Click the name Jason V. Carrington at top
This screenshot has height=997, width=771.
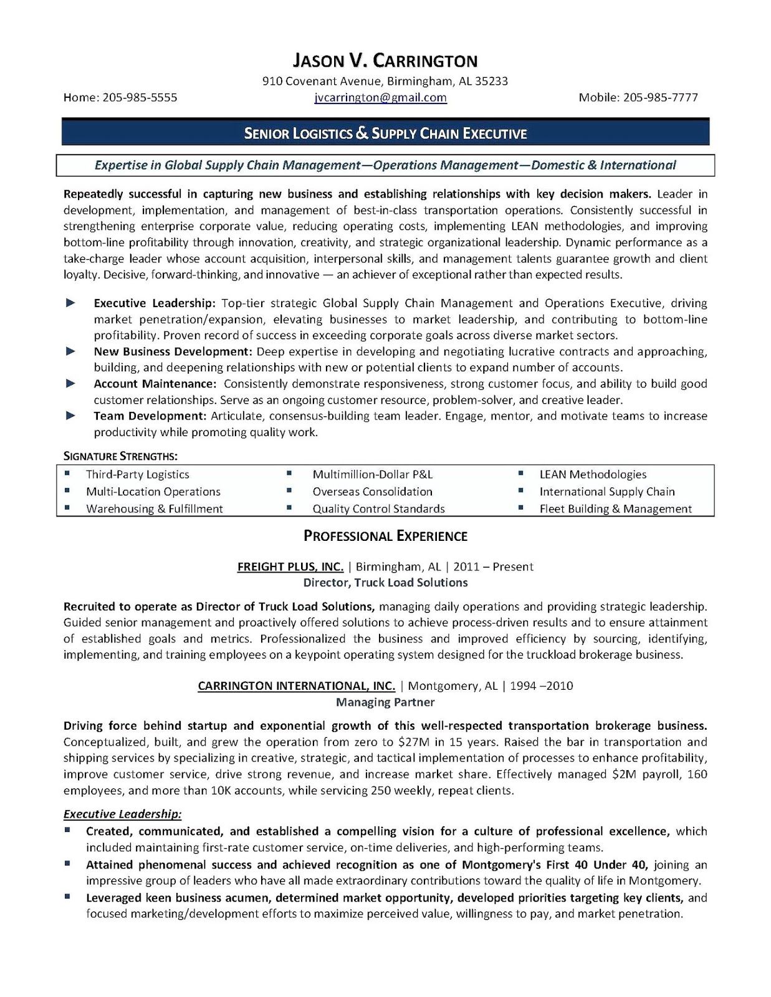[385, 60]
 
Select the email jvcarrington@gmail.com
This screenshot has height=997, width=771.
[380, 97]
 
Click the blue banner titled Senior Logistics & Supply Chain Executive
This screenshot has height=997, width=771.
[385, 133]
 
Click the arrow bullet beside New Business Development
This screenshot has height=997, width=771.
[71, 351]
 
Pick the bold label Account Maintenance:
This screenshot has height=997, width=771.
[155, 384]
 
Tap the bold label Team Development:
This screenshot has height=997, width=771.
[150, 416]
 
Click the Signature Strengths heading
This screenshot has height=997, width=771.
[120, 456]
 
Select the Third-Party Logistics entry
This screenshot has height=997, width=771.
[138, 475]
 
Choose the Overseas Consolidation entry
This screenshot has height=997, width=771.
[372, 492]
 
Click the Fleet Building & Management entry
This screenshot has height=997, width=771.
[615, 509]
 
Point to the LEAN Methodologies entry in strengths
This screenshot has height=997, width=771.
[593, 475]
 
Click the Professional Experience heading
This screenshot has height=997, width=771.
[385, 536]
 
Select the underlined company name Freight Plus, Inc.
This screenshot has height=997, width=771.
[290, 567]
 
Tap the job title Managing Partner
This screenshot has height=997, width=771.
[385, 702]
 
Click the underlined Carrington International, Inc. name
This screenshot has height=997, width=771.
[296, 686]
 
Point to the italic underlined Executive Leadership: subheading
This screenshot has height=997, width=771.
[123, 814]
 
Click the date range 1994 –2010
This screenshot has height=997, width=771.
[542, 686]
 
